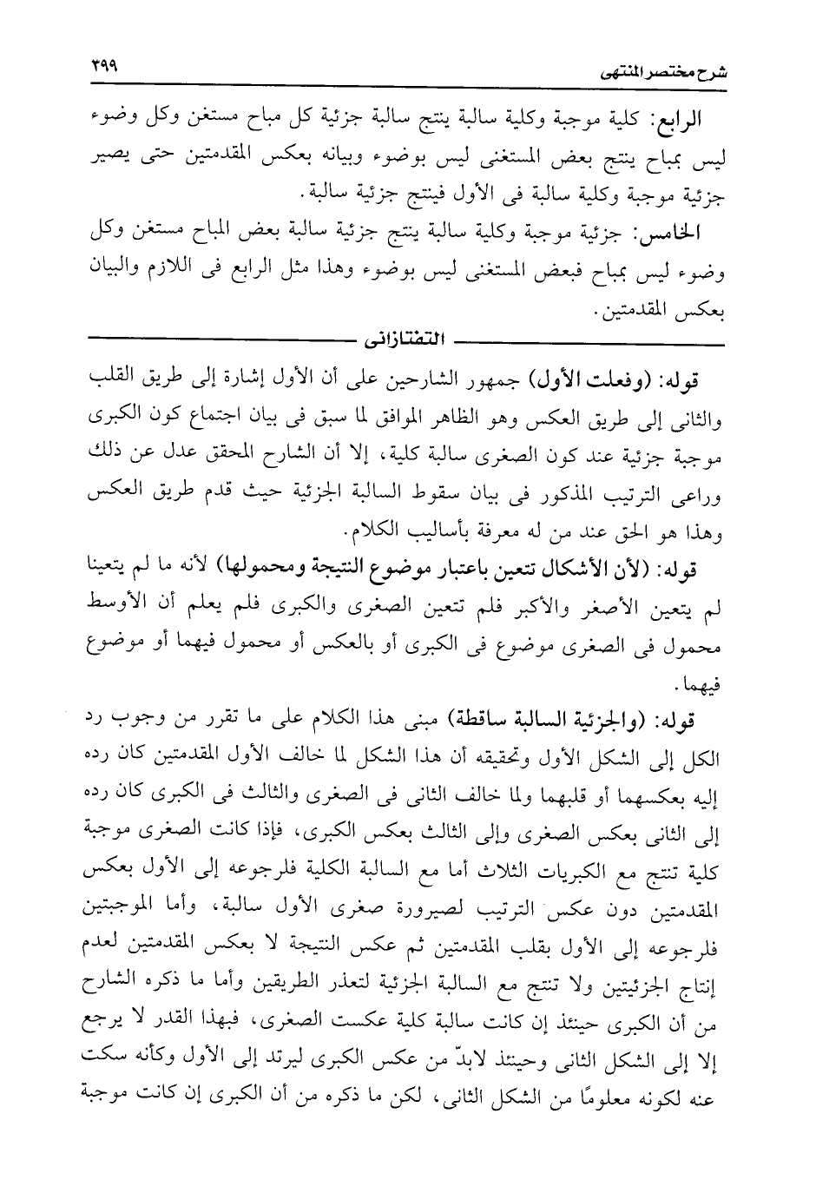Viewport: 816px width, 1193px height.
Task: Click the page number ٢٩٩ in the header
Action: [x=105, y=65]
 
